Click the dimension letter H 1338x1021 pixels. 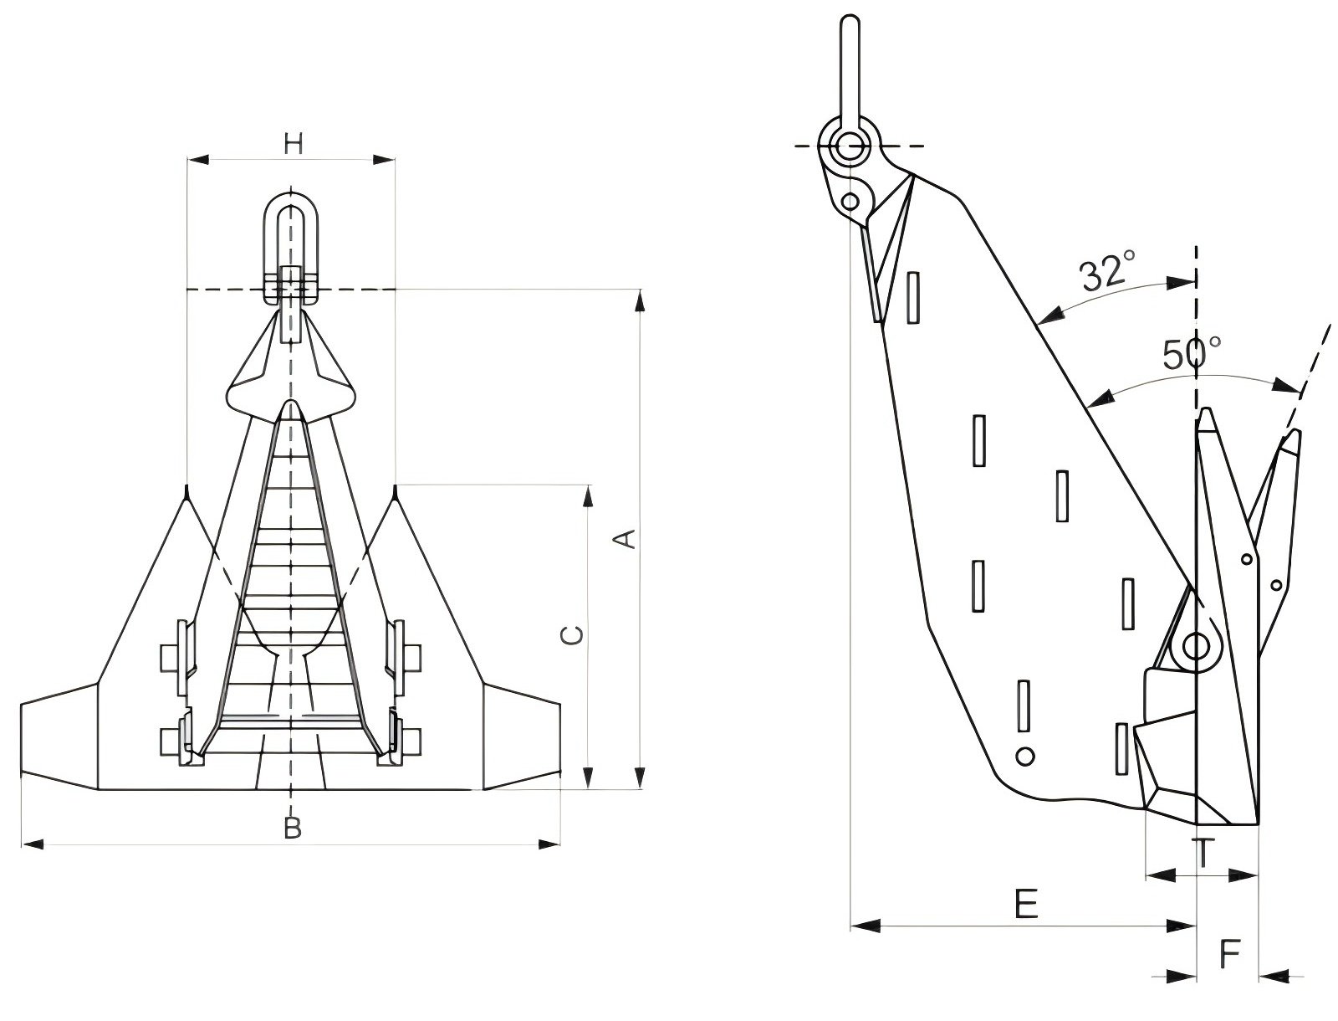[292, 144]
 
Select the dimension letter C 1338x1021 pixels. [572, 636]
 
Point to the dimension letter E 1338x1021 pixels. [1025, 905]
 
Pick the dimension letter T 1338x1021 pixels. [1202, 854]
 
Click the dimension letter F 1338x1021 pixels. [1228, 953]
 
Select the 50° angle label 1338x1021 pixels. [1192, 354]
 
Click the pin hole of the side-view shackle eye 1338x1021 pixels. [850, 146]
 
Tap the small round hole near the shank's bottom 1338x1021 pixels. [1025, 756]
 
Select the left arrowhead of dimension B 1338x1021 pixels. [31, 844]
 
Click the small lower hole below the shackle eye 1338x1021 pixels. [850, 201]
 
